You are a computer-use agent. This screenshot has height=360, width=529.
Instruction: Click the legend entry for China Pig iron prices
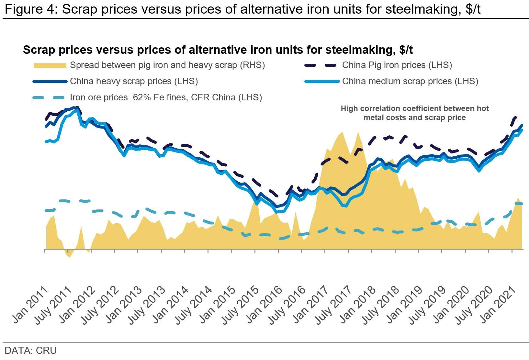[397, 65]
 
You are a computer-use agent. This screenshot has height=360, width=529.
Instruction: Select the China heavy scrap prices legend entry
[134, 81]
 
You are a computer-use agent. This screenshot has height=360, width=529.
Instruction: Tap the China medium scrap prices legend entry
[410, 81]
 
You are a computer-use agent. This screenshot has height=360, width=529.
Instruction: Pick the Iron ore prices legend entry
[166, 97]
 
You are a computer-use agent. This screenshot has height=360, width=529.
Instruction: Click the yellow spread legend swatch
[50, 65]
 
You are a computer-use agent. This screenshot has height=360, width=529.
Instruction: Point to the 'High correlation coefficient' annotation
[414, 113]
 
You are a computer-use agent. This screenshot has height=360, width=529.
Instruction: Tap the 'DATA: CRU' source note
[30, 350]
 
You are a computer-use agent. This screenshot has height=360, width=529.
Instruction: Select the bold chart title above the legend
[218, 50]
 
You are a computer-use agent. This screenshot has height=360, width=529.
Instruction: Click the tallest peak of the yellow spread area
[342, 132]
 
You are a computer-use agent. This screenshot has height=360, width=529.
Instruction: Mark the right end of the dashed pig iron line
[515, 117]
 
